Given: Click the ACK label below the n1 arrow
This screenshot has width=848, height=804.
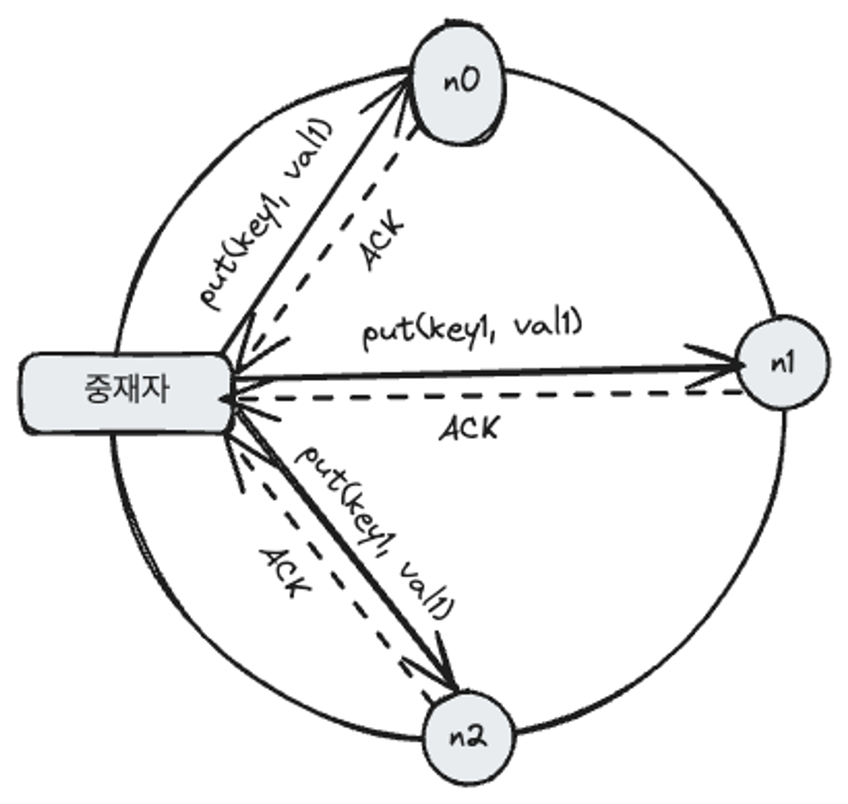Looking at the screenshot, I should (470, 429).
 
